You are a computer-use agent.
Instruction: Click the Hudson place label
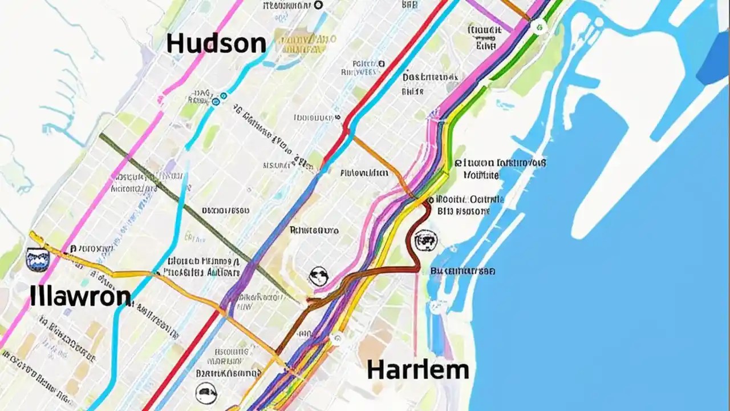(x=216, y=44)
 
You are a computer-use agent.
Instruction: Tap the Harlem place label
(x=417, y=369)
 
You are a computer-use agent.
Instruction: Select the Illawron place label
(x=80, y=296)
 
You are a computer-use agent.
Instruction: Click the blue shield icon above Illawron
(x=38, y=259)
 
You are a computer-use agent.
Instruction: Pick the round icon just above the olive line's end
(x=319, y=277)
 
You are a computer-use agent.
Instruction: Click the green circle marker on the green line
(x=538, y=26)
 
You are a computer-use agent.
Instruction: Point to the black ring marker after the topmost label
(x=319, y=5)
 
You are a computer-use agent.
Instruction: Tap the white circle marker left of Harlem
(x=336, y=339)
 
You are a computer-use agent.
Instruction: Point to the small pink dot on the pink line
(x=160, y=100)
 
